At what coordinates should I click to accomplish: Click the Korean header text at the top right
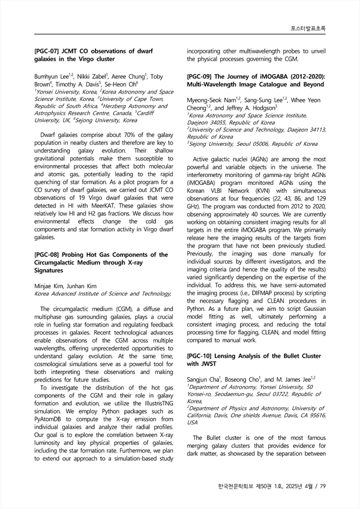coord(311,28)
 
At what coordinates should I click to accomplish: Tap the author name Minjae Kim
coord(48,286)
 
